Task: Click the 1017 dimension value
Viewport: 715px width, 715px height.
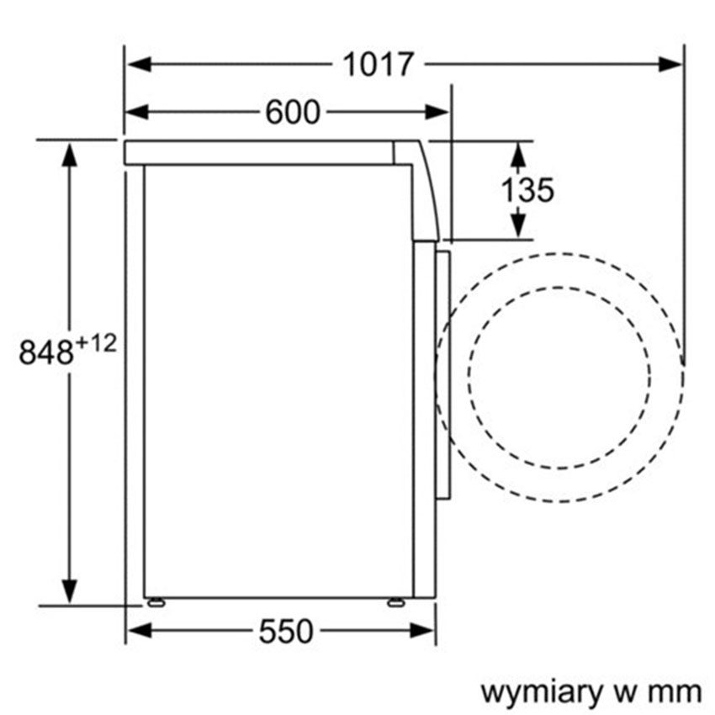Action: pos(378,65)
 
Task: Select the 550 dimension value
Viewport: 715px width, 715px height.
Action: pos(285,631)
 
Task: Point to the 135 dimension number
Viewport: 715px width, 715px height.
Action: pos(527,191)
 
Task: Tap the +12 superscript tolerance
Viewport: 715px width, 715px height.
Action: pos(98,342)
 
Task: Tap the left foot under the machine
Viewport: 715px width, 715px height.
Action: pos(155,601)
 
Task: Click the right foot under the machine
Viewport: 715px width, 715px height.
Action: pos(395,601)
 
